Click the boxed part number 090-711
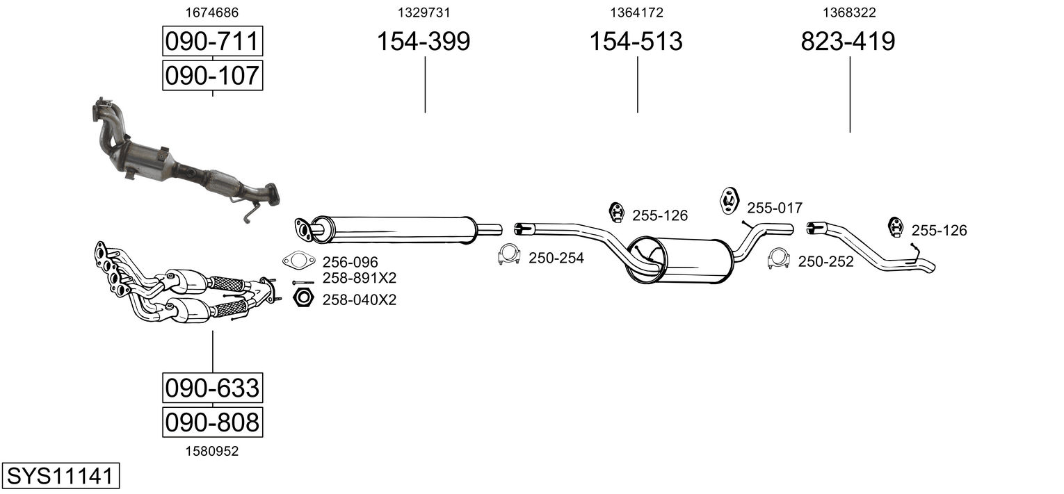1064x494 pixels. (212, 41)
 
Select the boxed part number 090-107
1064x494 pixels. (212, 75)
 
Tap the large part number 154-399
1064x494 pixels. (424, 41)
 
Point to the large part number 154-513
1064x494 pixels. (636, 41)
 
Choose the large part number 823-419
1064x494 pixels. (848, 41)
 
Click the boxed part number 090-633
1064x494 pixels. (212, 388)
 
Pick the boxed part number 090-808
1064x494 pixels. (212, 422)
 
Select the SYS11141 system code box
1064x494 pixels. (61, 475)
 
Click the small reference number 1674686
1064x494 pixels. (212, 13)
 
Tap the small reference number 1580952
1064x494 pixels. (212, 452)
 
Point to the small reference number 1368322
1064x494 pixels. (849, 13)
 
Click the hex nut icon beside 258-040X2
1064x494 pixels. (303, 297)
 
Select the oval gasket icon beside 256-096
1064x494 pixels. (299, 261)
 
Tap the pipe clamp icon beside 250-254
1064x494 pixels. (509, 254)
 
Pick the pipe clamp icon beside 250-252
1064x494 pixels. (778, 258)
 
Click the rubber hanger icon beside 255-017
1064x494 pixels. (729, 201)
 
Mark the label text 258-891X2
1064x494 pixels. (359, 278)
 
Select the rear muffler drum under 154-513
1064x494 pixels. (680, 261)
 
